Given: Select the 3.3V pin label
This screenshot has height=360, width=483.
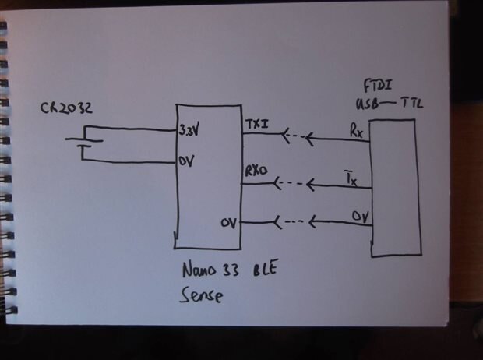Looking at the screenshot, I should [189, 130].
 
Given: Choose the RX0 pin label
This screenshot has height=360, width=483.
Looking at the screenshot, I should [256, 169].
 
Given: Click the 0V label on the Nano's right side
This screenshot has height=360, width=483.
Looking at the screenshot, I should [228, 224].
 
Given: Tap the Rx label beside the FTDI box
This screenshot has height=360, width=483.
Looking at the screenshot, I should [356, 132].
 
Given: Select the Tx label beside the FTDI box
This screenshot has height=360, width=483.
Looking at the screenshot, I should [351, 180].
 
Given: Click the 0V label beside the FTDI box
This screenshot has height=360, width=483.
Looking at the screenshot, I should [358, 215].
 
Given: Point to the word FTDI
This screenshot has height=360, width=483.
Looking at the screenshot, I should [378, 84].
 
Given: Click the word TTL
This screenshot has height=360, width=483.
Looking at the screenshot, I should [411, 104].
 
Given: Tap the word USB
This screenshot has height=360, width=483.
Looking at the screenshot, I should [367, 104].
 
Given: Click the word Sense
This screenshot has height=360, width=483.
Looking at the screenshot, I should [200, 296].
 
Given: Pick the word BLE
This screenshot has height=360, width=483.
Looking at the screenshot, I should [266, 272].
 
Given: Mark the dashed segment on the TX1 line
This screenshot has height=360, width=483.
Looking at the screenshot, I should [293, 139].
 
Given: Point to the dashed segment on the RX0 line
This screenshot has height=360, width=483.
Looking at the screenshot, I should [291, 185].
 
